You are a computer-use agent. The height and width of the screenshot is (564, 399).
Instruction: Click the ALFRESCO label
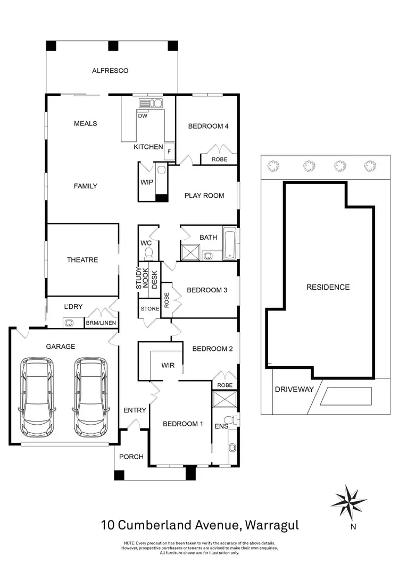point(110,70)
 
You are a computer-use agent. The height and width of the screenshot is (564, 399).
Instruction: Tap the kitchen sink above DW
point(150,103)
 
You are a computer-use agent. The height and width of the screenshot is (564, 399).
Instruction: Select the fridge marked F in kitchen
point(169,150)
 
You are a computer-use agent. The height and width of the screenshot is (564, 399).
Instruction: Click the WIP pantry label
point(147,182)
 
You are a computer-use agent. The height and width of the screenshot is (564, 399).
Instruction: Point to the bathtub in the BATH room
point(230,244)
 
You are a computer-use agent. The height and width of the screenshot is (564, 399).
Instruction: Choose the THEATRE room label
point(82,260)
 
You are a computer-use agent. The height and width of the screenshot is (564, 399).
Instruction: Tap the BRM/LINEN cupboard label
point(101,323)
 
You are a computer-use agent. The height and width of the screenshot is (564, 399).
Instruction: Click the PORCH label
point(131,457)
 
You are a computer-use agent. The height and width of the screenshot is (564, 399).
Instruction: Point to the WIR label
point(168,365)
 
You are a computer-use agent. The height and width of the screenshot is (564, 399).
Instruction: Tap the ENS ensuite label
point(221,426)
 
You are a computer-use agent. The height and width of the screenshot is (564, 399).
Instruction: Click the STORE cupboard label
point(149,308)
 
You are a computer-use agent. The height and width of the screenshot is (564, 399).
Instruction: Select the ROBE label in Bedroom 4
point(219,159)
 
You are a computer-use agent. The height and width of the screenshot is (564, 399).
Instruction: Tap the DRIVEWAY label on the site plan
point(293,389)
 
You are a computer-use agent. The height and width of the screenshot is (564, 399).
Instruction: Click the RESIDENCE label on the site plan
point(328,287)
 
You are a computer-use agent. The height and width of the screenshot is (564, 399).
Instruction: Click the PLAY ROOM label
point(204,195)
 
